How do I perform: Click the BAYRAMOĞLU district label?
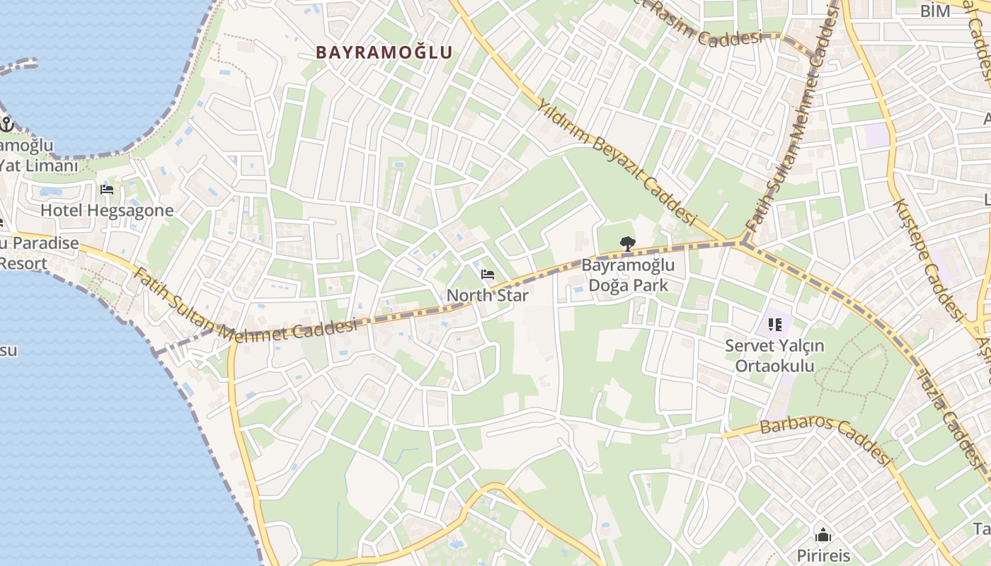coord(384,52)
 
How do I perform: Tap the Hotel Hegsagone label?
coord(107,210)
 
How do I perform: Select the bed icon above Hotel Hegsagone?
coord(107,189)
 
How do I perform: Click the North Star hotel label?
coord(488,295)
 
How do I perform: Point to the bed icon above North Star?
coord(487,275)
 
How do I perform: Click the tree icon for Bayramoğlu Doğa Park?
coord(627,245)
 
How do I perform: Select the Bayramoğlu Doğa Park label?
coord(628,276)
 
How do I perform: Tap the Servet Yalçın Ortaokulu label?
coord(774,356)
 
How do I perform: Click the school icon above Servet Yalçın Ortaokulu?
coord(774,325)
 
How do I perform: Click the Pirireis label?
coord(823,555)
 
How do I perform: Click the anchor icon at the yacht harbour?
coord(6,125)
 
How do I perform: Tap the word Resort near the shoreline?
coord(23,263)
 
